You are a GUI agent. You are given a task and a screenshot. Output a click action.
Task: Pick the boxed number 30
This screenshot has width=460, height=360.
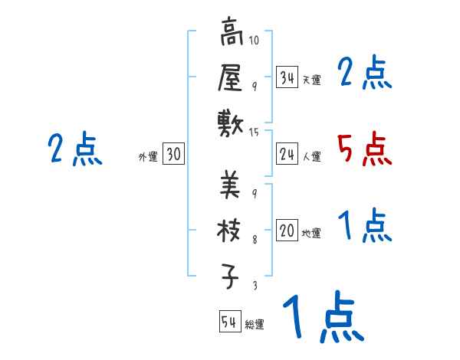173,155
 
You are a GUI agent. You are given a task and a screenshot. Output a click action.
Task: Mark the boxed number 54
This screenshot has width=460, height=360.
229,322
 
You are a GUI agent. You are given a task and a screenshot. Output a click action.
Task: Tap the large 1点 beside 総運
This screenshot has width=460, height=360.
322,318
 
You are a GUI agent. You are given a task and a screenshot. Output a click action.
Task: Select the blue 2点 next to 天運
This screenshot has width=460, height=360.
364,73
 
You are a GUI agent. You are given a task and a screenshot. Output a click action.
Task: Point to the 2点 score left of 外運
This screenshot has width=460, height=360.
74,149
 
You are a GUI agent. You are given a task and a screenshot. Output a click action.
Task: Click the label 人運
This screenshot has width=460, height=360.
312,157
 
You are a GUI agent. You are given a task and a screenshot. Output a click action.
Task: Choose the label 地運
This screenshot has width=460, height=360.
312,234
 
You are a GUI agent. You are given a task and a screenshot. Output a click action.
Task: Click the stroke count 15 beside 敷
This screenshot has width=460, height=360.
255,133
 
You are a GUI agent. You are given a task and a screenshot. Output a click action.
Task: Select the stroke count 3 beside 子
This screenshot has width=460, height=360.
254,285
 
